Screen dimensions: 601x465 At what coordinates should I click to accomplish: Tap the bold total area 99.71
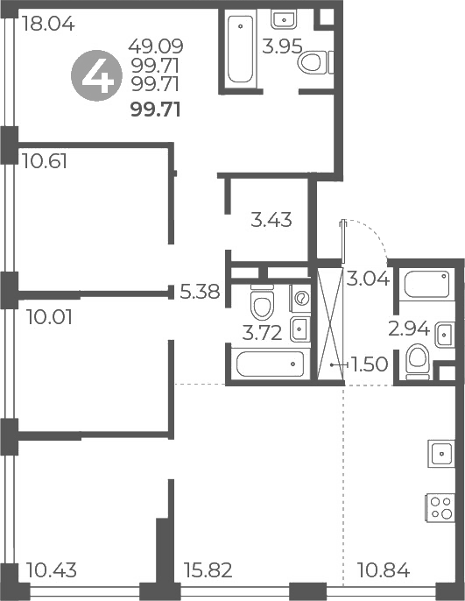(x=155, y=110)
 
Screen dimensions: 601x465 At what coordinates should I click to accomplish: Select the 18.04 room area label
(x=47, y=25)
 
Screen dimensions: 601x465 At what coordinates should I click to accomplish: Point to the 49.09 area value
(x=155, y=45)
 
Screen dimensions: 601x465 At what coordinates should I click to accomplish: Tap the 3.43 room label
(x=271, y=220)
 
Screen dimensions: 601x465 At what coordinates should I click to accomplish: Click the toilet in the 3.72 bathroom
(x=262, y=305)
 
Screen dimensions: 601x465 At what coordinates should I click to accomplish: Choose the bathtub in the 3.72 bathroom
(x=268, y=363)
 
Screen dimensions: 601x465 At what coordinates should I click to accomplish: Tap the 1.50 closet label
(x=369, y=364)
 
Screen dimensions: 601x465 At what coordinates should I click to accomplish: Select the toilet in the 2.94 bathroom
(x=419, y=358)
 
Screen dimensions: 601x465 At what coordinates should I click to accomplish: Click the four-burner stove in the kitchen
(x=437, y=507)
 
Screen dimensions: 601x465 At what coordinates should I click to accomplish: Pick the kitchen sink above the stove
(x=438, y=453)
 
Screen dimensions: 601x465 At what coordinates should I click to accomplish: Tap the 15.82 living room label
(x=208, y=571)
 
